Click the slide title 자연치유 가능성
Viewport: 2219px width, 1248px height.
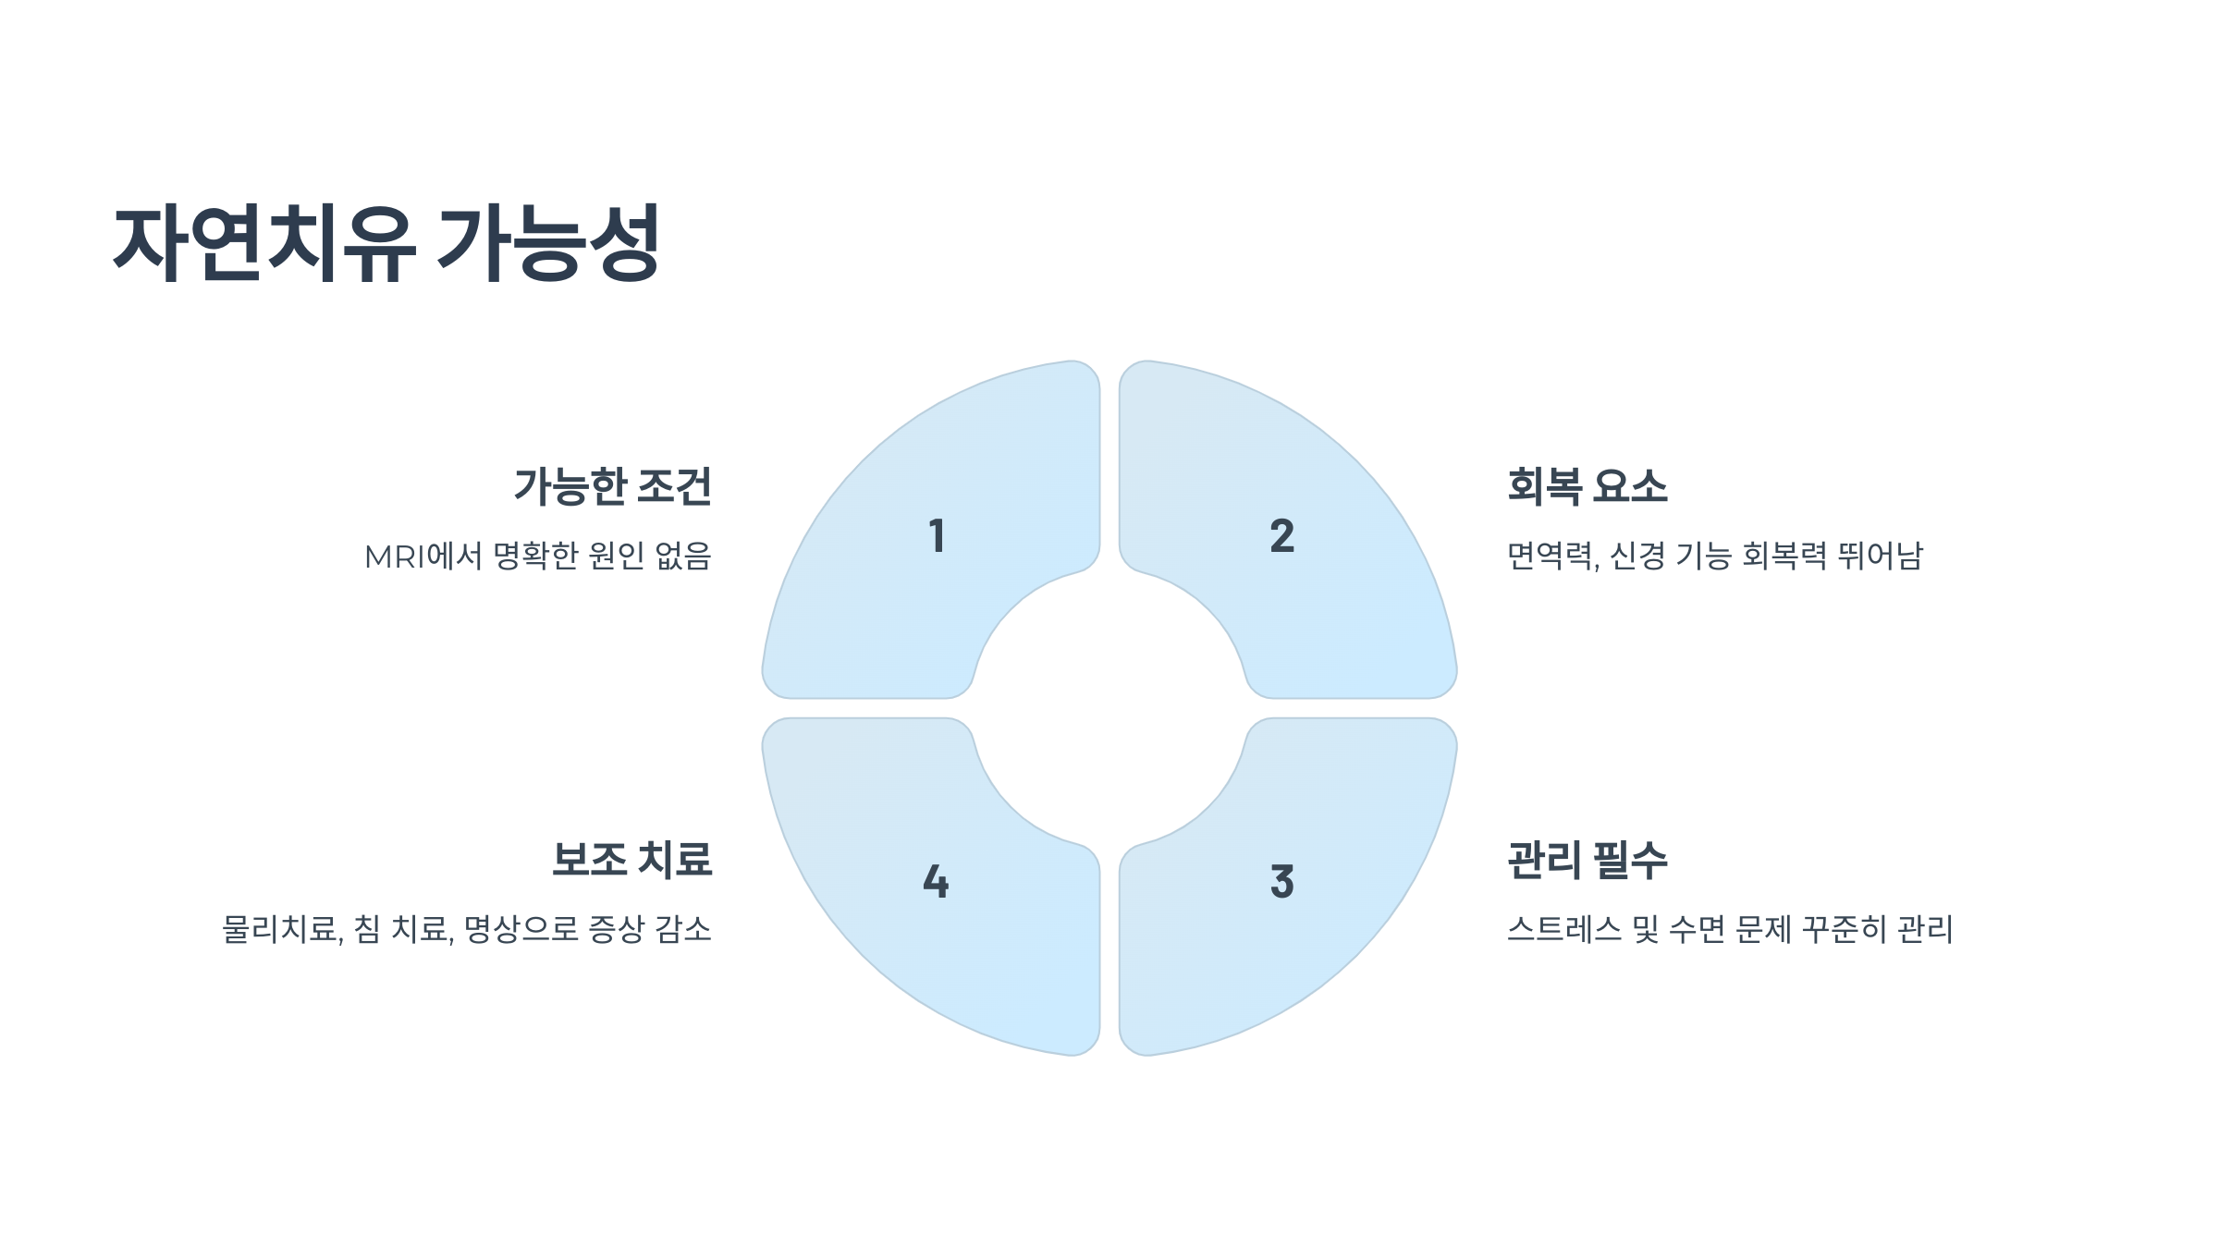point(386,243)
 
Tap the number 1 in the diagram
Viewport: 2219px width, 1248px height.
point(937,536)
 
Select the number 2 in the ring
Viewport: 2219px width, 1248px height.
point(1281,536)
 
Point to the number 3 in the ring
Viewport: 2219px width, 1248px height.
point(1281,882)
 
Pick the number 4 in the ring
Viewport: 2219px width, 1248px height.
point(936,882)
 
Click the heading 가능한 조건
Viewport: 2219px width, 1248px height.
point(612,486)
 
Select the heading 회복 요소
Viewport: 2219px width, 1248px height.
point(1587,486)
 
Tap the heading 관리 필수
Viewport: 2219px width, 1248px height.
point(1587,860)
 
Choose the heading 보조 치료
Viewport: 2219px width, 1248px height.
point(631,860)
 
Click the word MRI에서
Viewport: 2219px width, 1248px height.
point(423,557)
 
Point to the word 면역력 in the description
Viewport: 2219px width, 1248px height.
point(1551,557)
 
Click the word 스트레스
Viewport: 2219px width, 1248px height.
point(1564,929)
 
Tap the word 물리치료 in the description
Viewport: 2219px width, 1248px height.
point(279,929)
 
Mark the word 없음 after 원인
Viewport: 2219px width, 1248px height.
point(682,557)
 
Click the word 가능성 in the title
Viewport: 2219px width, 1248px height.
point(548,243)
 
